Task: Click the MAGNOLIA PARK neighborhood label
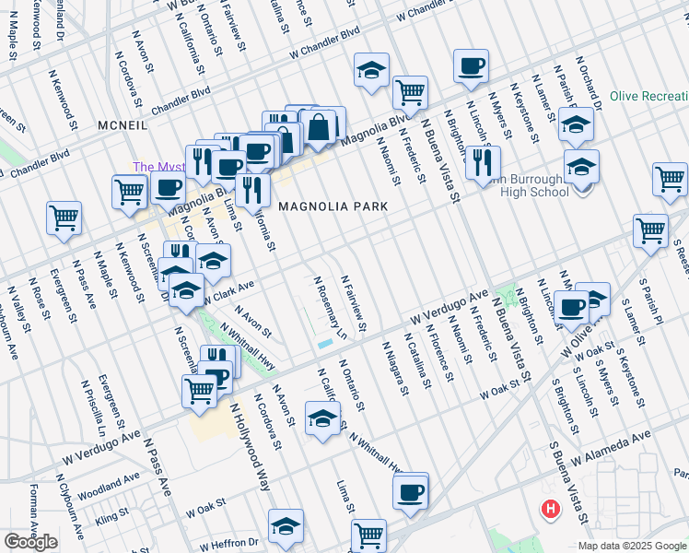tap(327, 206)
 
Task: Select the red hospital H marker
tap(551, 508)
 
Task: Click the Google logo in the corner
tap(31, 542)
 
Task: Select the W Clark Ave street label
tap(228, 293)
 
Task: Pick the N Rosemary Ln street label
tap(329, 307)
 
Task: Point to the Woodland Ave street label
tap(109, 482)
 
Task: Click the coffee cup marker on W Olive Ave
tap(571, 306)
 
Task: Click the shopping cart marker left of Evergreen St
tap(64, 218)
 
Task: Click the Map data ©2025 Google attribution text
tap(632, 546)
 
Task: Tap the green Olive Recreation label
tap(648, 97)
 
